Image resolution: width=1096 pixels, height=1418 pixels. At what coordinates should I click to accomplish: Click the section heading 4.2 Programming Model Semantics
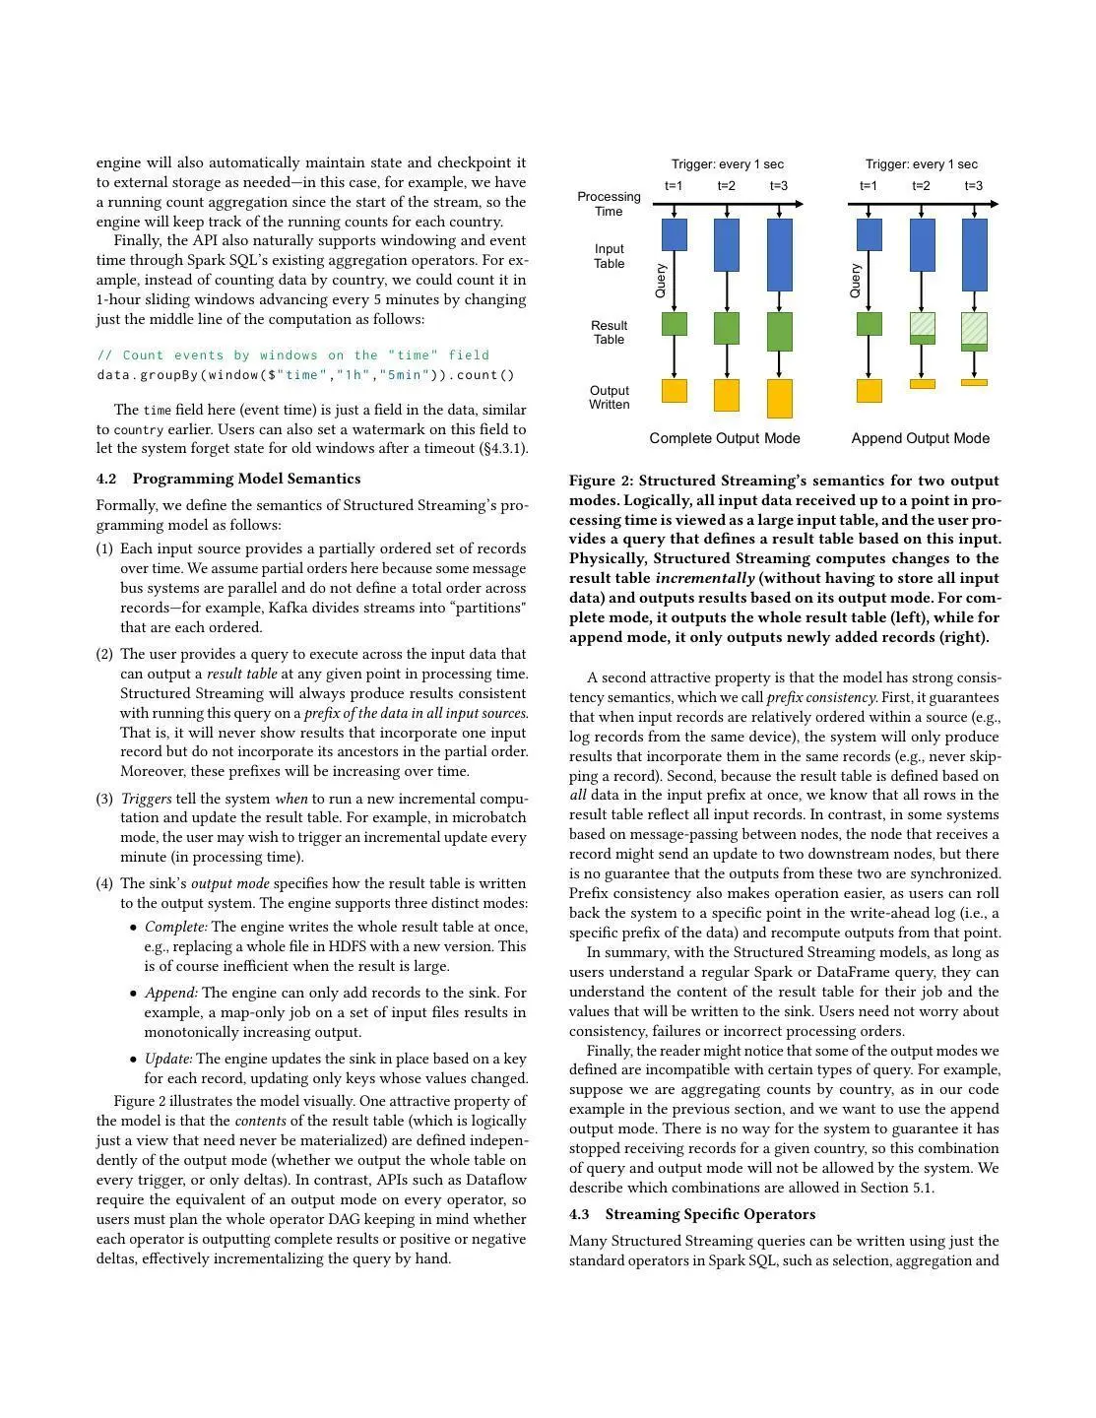click(228, 480)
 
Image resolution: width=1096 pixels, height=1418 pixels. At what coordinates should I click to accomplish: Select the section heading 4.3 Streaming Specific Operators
click(692, 1214)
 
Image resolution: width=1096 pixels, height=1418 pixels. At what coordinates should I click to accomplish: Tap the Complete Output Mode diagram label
click(725, 438)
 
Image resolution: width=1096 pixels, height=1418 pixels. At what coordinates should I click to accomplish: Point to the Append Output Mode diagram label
click(920, 438)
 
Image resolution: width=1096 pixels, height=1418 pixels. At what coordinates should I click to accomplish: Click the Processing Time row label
click(609, 204)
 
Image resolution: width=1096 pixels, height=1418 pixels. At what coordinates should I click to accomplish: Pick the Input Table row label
click(609, 256)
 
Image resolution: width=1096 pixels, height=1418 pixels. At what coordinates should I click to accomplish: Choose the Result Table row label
click(609, 333)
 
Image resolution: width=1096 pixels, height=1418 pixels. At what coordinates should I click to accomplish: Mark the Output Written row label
click(609, 398)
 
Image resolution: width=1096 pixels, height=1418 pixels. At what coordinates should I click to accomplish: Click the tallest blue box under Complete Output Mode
click(779, 255)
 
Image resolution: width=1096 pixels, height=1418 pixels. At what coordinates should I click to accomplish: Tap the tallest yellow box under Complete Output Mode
click(779, 399)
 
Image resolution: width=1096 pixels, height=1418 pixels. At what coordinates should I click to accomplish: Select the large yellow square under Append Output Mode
click(869, 391)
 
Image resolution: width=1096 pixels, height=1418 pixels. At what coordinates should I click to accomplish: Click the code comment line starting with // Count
click(292, 355)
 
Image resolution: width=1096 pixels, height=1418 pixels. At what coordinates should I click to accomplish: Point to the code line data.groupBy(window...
click(305, 375)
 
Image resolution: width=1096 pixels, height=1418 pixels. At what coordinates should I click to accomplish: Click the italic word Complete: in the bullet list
click(176, 928)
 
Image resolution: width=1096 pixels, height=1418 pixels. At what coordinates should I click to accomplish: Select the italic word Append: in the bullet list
click(171, 994)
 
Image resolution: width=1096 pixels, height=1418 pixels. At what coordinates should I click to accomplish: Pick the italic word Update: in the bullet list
click(168, 1060)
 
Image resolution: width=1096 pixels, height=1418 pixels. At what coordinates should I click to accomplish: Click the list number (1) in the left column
click(104, 549)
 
